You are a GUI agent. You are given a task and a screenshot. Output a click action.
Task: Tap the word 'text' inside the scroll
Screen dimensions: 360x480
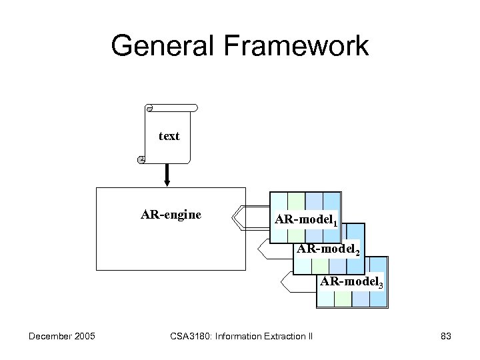point(169,136)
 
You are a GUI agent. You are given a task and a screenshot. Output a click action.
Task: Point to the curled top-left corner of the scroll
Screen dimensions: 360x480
point(149,108)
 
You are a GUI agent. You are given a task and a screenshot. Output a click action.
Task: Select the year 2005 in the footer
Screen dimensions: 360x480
point(84,336)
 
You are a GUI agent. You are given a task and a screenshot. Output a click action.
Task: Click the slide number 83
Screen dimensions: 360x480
point(446,336)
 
